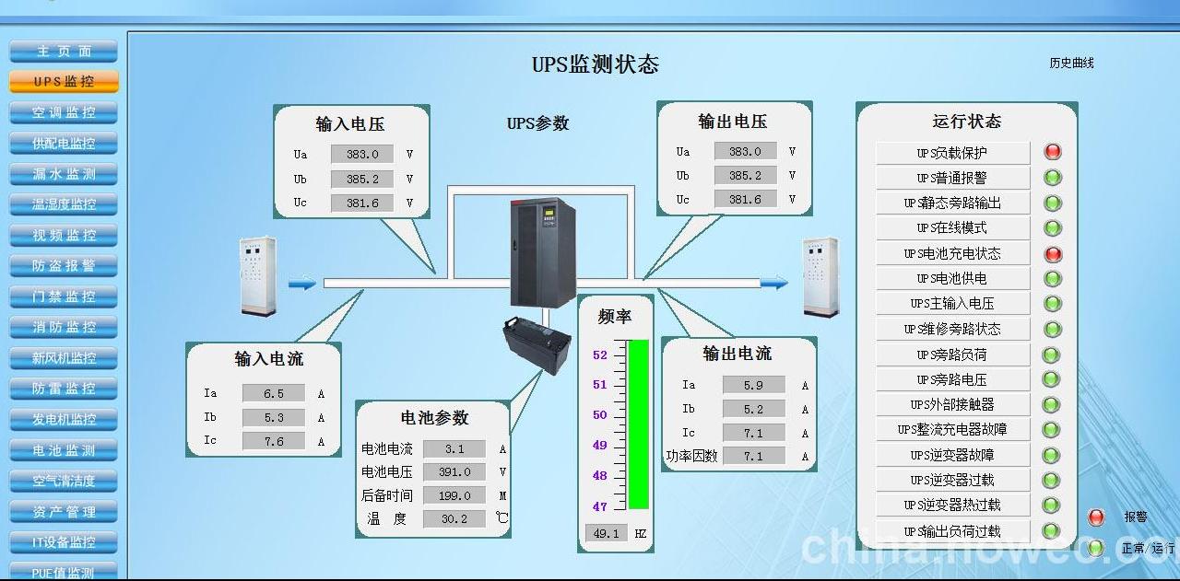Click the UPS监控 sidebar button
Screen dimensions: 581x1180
pyautogui.click(x=64, y=81)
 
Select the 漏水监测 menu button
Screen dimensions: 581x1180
pyautogui.click(x=64, y=173)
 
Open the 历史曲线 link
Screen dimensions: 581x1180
pyautogui.click(x=1071, y=64)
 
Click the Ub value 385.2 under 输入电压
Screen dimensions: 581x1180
pyautogui.click(x=362, y=179)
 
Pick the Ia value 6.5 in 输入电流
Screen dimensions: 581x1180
pyautogui.click(x=274, y=393)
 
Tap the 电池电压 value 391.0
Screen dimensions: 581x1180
pyautogui.click(x=454, y=471)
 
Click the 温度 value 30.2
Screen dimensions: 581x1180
pyautogui.click(x=454, y=518)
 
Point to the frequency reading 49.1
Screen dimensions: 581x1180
pyautogui.click(x=606, y=533)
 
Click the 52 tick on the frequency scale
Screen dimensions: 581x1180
pyautogui.click(x=600, y=354)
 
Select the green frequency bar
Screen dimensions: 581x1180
pyautogui.click(x=638, y=424)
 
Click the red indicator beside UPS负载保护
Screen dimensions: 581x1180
pyautogui.click(x=1052, y=152)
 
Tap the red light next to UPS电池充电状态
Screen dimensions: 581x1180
pyautogui.click(x=1052, y=253)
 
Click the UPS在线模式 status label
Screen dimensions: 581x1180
pyautogui.click(x=952, y=227)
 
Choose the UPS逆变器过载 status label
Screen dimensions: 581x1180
pyautogui.click(x=952, y=480)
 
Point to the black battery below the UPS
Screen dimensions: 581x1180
pyautogui.click(x=537, y=344)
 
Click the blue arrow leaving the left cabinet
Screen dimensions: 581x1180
pyautogui.click(x=301, y=284)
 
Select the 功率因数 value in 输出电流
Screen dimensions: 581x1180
pyautogui.click(x=753, y=456)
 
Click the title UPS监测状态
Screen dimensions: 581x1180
pyautogui.click(x=596, y=64)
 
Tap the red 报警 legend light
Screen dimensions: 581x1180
pyautogui.click(x=1096, y=517)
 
